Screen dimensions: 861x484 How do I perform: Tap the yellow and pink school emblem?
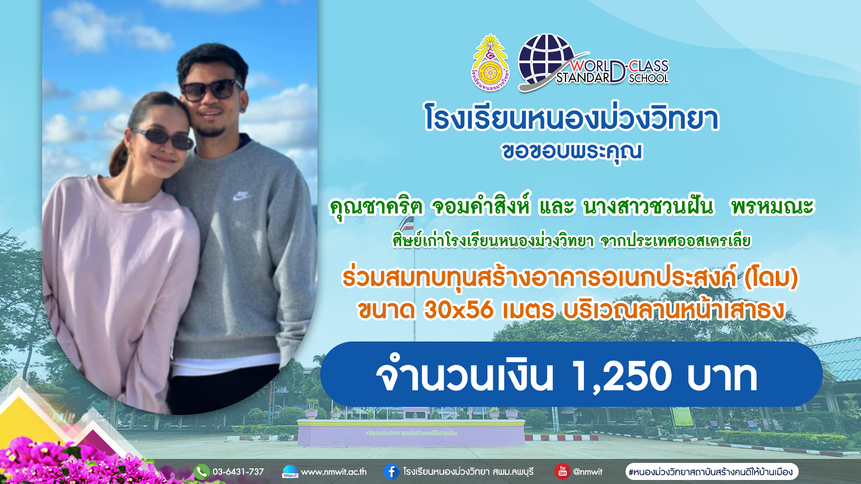coord(491,63)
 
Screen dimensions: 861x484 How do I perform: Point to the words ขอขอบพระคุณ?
coord(572,151)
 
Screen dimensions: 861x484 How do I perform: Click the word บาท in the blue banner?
coord(722,376)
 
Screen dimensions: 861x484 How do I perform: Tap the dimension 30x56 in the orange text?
coord(458,310)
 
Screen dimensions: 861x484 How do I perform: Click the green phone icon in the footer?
coord(202,471)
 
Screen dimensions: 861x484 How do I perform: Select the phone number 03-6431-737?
coord(238,472)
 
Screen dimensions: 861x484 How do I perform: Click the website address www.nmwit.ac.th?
coord(334,472)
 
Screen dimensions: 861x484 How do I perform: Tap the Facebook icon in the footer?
coord(391,471)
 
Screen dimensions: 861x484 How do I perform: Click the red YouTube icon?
coord(562,471)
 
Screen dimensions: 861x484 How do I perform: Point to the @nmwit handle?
coord(587,472)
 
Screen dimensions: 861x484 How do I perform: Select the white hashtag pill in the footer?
coord(712,471)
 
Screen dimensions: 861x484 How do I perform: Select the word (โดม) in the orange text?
coord(771,278)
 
